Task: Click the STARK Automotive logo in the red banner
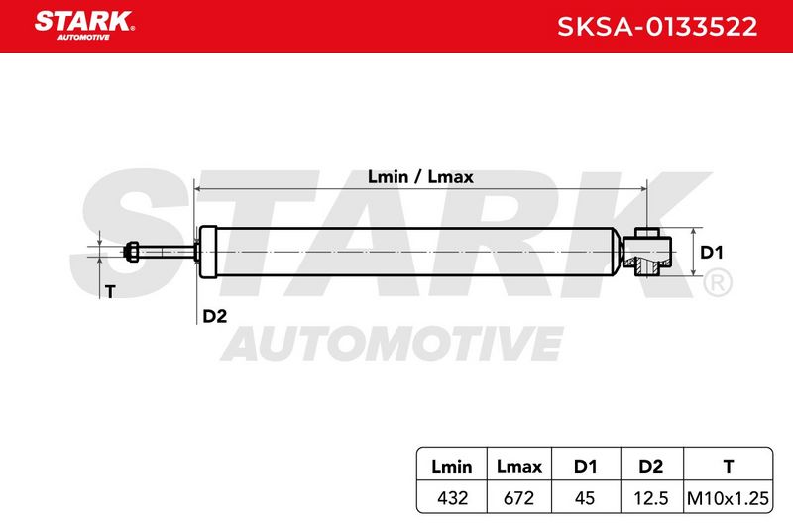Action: tap(84, 26)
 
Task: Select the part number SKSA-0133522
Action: tap(657, 27)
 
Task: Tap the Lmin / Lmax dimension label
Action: tap(420, 177)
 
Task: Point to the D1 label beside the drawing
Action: tap(711, 253)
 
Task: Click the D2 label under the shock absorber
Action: tap(214, 316)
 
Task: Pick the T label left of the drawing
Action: tap(110, 291)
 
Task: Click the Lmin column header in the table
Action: tap(452, 466)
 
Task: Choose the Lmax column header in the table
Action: tap(518, 466)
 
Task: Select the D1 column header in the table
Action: tap(585, 466)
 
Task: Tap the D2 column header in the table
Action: tap(651, 466)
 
